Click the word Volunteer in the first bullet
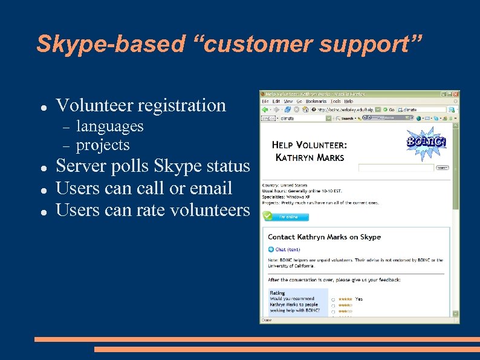(95, 105)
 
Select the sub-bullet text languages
(109, 126)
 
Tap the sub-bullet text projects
(103, 145)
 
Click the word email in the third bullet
(210, 188)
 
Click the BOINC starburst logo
(426, 143)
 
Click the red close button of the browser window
(456, 94)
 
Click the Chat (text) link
(287, 249)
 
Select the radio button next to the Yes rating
(333, 299)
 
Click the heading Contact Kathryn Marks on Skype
(324, 237)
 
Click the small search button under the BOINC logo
(443, 168)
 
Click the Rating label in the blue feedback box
(277, 293)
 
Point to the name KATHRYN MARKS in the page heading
(310, 157)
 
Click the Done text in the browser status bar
(267, 320)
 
